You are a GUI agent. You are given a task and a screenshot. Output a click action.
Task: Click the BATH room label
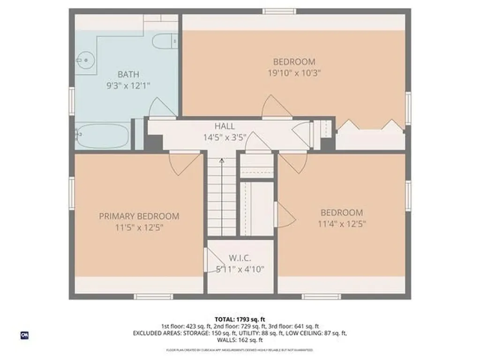click(x=128, y=74)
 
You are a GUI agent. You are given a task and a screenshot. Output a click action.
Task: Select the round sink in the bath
click(x=86, y=60)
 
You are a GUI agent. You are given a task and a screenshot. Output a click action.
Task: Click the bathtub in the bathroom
click(x=102, y=135)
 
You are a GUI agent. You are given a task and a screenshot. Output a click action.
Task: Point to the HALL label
click(x=225, y=127)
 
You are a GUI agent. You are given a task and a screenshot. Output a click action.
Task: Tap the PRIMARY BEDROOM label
click(x=139, y=216)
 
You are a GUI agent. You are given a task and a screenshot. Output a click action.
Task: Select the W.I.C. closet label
click(x=240, y=258)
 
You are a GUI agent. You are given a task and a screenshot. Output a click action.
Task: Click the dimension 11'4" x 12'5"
click(x=341, y=224)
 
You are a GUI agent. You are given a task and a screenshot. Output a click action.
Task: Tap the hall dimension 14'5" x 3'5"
click(x=225, y=138)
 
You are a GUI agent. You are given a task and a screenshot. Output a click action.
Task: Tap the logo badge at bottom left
click(x=23, y=336)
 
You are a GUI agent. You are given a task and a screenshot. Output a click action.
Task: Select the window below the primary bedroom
click(x=153, y=296)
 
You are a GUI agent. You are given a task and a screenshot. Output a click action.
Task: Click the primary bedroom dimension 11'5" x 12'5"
click(x=139, y=228)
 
